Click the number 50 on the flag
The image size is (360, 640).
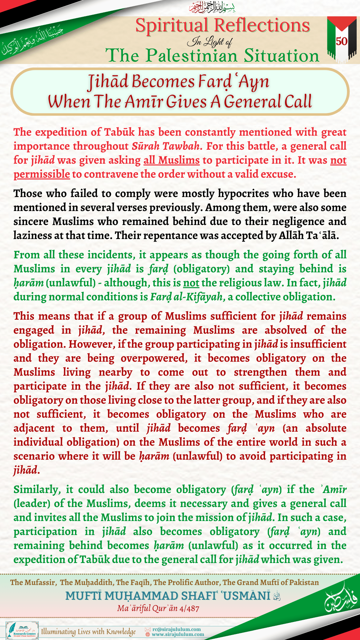pyautogui.click(x=342, y=41)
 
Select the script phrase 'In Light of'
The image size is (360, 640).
pyautogui.click(x=210, y=42)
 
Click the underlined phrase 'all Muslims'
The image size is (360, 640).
pyautogui.click(x=172, y=160)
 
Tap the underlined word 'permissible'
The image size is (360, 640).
pyautogui.click(x=42, y=174)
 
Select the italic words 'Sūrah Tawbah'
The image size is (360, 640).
pyautogui.click(x=166, y=146)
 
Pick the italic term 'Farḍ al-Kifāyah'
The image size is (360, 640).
pyautogui.click(x=186, y=297)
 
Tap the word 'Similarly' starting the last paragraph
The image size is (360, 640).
pyautogui.click(x=36, y=490)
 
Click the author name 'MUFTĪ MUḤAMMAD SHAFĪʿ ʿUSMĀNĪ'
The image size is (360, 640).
pyautogui.click(x=168, y=596)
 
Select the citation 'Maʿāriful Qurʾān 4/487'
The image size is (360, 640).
pyautogui.click(x=158, y=608)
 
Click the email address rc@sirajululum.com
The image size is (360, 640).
pyautogui.click(x=177, y=629)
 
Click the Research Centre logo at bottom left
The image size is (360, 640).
pyautogui.click(x=22, y=630)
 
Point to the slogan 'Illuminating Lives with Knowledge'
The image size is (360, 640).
pyautogui.click(x=88, y=632)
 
